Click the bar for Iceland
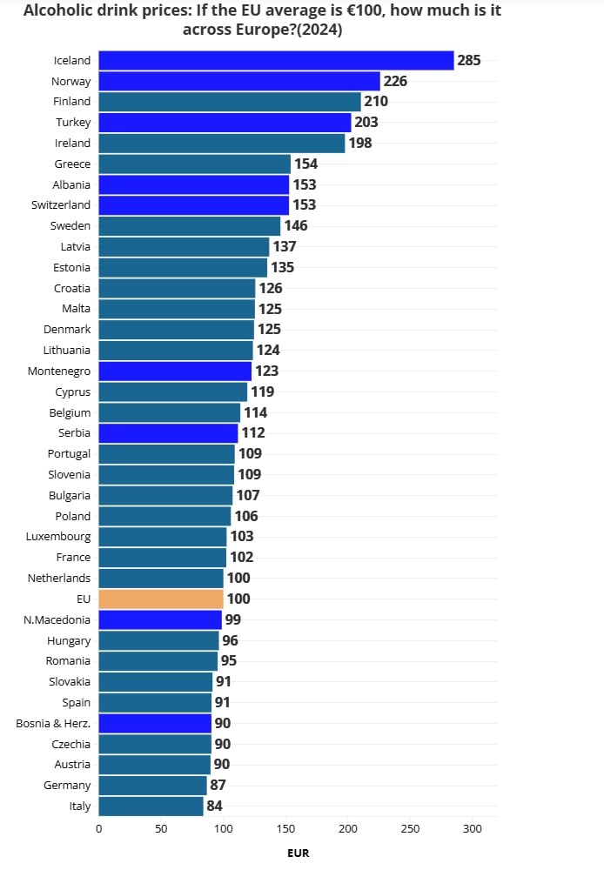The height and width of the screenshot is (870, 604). point(276,60)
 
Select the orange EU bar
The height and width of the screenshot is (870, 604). point(161,599)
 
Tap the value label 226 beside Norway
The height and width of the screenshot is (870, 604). point(396,81)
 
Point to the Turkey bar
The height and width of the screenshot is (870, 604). point(225,123)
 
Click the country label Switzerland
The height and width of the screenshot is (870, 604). point(61,205)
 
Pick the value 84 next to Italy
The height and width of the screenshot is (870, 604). point(214,806)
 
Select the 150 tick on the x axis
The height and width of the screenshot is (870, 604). point(285,829)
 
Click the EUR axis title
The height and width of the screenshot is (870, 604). point(298,853)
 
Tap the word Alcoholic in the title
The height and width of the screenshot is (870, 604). point(64,11)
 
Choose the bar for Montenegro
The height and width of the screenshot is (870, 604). point(175,371)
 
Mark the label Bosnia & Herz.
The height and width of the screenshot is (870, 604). point(53,723)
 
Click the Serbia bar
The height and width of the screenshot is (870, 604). point(168,433)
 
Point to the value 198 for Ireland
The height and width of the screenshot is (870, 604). point(360,144)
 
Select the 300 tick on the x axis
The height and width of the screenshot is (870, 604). point(473,829)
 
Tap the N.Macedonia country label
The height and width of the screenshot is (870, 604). point(57,619)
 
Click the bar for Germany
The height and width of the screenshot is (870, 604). point(152,786)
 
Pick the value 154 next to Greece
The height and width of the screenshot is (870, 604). point(305,164)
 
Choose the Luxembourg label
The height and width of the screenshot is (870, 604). point(58,537)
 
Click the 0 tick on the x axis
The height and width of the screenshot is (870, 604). point(98,829)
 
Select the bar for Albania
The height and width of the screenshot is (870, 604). point(193,184)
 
